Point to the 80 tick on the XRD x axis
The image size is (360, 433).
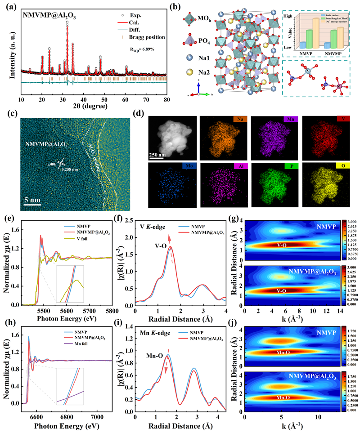click(167, 99)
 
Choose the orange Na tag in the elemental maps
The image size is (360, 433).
click(233, 120)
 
